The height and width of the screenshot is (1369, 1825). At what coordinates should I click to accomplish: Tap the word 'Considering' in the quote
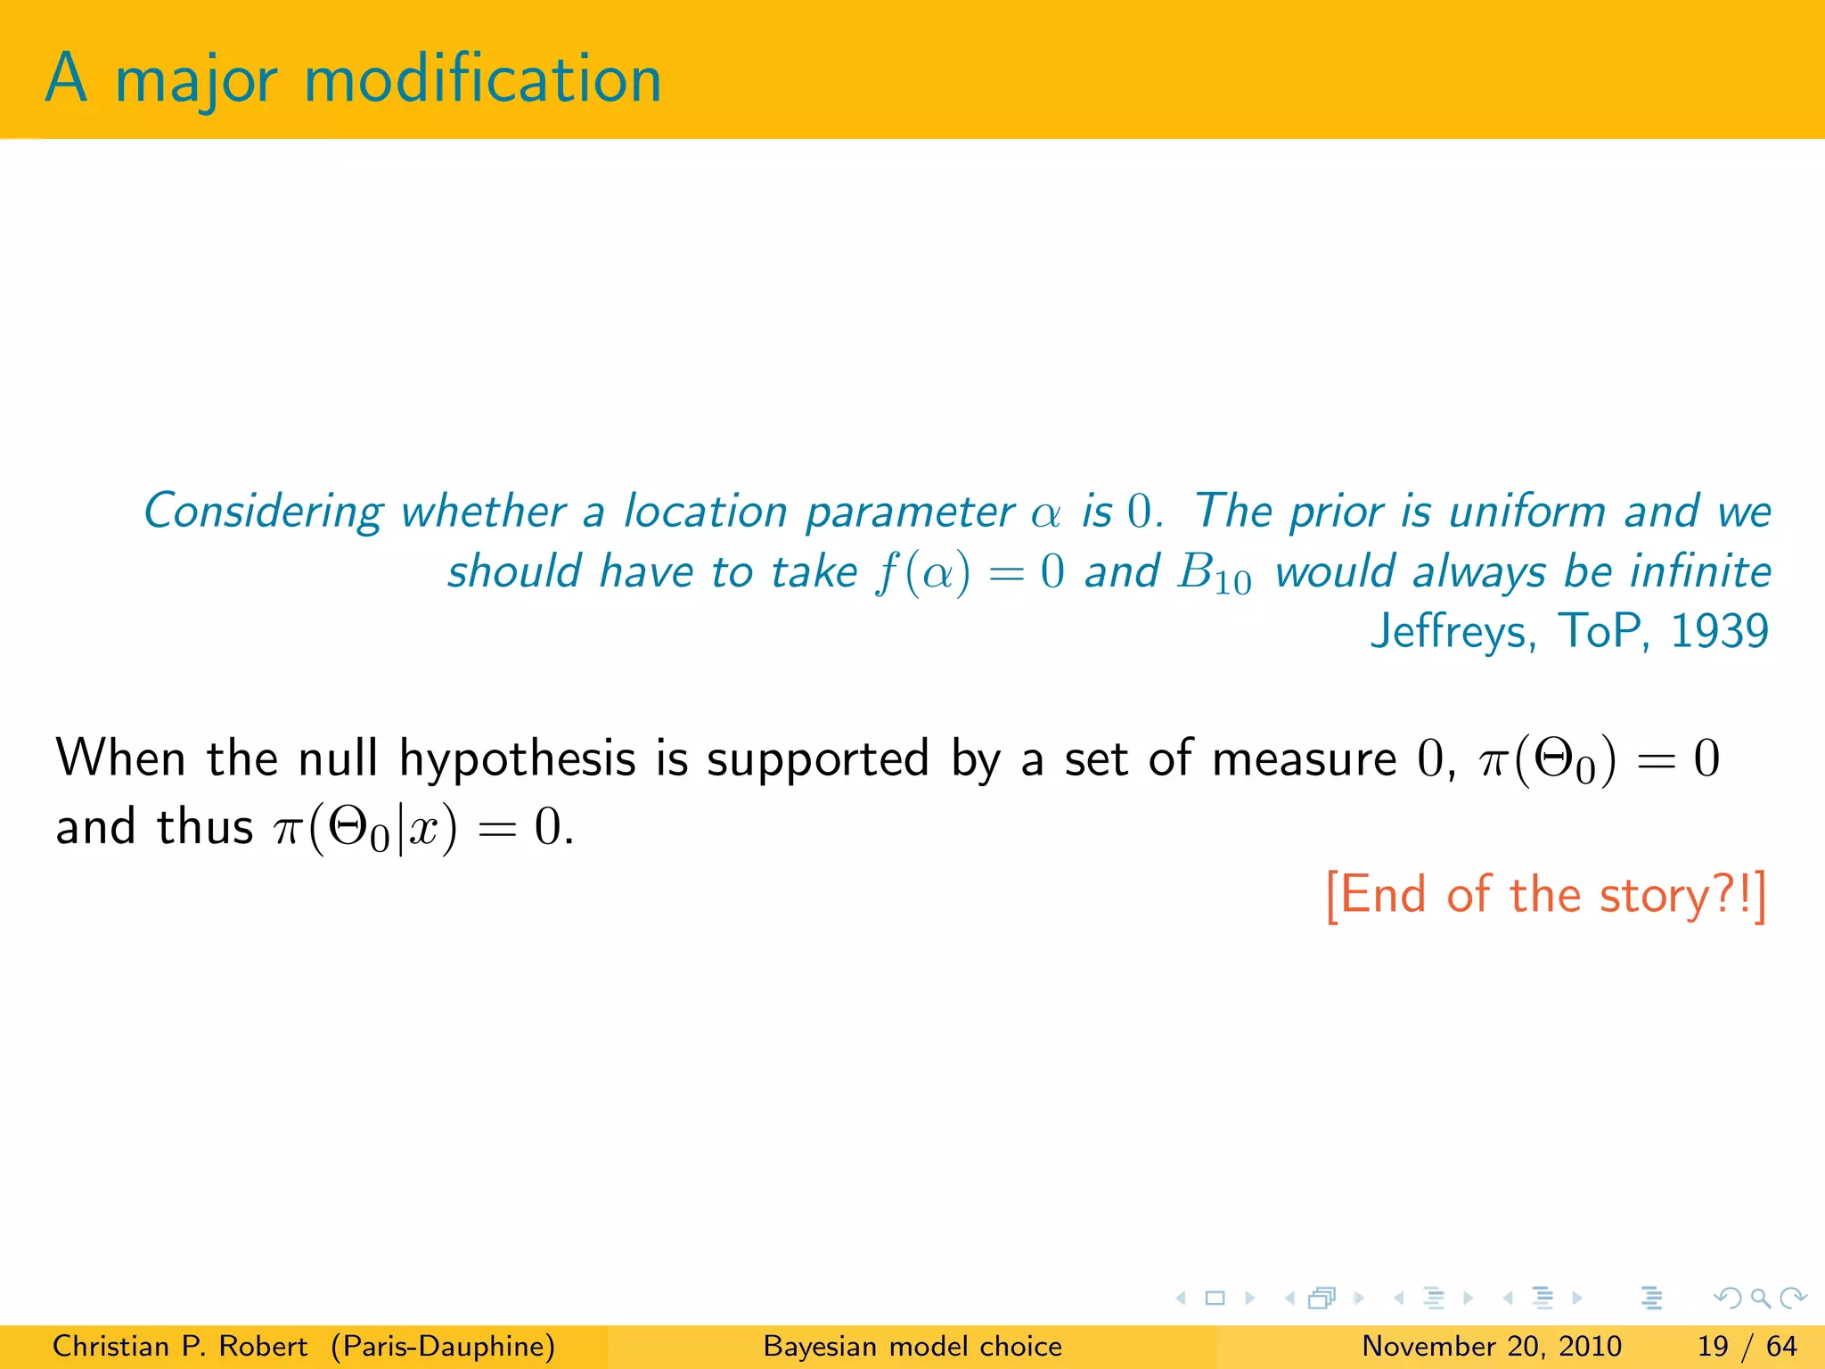264,512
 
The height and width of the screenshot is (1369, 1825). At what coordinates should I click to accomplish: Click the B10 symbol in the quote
1214,573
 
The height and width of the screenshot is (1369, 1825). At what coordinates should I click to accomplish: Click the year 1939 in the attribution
1719,631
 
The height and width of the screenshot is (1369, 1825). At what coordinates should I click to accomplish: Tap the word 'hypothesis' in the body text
517,759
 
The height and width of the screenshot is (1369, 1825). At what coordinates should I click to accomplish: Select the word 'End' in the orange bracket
1383,895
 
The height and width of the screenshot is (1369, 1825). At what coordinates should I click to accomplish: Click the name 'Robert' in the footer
263,1346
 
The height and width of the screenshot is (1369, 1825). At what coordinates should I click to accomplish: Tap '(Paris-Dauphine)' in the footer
443,1346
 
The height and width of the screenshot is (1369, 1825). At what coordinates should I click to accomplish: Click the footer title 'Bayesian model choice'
912,1346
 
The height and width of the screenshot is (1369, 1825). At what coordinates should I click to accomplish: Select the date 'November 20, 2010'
1491,1346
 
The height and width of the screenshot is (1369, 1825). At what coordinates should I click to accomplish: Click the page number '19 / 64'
1747,1346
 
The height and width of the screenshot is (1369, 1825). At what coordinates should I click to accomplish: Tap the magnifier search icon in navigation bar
1760,1298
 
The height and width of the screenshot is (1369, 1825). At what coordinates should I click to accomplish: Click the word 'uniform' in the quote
1526,512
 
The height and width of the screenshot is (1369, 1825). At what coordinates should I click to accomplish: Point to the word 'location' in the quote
705,512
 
